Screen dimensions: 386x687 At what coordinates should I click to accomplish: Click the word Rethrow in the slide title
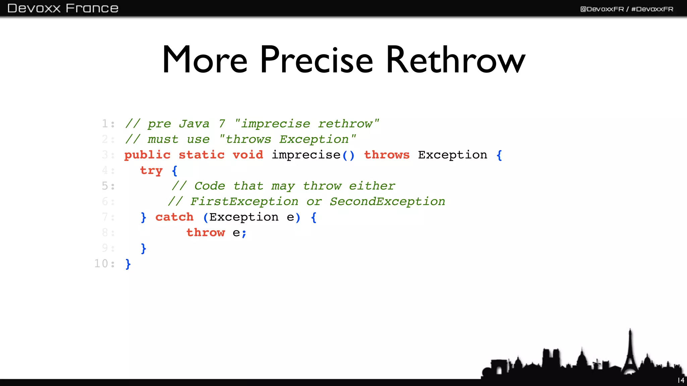(455, 60)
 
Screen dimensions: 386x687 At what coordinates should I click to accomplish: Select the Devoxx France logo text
(63, 8)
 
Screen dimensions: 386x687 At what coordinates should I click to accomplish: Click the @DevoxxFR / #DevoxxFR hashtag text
(627, 9)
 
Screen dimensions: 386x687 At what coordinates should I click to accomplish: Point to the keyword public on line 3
(147, 155)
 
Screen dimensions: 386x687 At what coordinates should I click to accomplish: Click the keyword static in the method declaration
(201, 155)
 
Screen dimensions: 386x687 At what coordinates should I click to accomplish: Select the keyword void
(248, 155)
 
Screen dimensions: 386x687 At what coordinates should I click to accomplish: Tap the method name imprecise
(306, 155)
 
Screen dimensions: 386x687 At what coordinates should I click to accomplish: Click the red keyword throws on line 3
(387, 155)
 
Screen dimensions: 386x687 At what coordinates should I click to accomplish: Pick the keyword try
(151, 171)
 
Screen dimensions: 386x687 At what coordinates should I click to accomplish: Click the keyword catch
(174, 217)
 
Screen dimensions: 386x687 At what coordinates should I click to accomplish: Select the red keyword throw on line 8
(206, 233)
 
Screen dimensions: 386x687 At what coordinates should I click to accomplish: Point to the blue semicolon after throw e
(244, 233)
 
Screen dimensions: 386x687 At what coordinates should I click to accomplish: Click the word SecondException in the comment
(387, 201)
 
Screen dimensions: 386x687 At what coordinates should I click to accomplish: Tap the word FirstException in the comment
(244, 201)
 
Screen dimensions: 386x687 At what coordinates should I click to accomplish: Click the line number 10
(101, 263)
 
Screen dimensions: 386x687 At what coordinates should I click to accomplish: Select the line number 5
(105, 186)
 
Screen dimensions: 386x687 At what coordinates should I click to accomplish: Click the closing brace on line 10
(128, 264)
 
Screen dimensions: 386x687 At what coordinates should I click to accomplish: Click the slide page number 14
(681, 380)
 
